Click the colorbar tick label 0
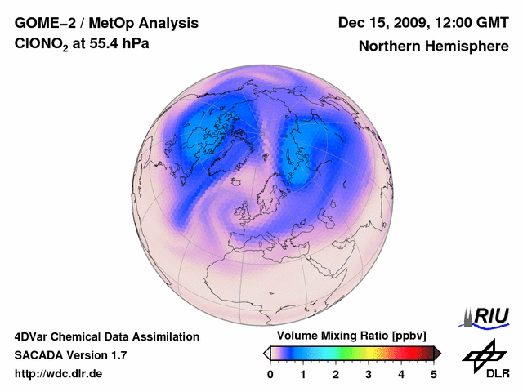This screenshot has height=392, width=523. [270, 374]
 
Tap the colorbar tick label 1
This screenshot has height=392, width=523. [303, 374]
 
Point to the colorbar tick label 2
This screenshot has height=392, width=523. [336, 374]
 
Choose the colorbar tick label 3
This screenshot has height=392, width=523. [369, 374]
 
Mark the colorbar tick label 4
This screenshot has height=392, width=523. [401, 374]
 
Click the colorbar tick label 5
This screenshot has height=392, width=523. [434, 374]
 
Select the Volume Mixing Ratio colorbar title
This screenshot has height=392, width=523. [348, 336]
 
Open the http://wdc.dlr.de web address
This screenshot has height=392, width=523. [59, 374]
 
